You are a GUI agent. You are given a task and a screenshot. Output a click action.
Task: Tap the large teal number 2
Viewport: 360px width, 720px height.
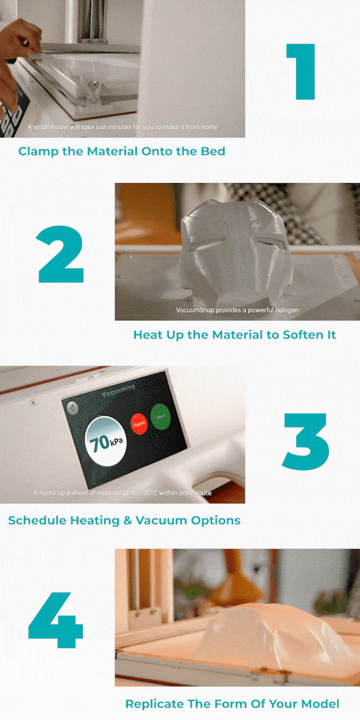60,254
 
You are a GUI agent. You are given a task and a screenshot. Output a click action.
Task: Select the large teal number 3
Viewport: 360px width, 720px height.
305,442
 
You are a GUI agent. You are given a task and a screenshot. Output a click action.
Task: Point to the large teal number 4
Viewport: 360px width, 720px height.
56,620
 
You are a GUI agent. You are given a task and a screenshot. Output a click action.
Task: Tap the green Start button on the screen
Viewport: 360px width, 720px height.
160,417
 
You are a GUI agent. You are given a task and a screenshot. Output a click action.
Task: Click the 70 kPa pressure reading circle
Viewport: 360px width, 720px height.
105,441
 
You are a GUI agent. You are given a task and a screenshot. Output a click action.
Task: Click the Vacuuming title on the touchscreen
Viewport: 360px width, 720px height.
118,391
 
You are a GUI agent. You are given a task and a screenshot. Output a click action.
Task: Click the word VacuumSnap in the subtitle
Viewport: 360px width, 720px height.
195,310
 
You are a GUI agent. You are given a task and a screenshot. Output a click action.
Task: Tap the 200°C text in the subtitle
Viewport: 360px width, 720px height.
148,493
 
